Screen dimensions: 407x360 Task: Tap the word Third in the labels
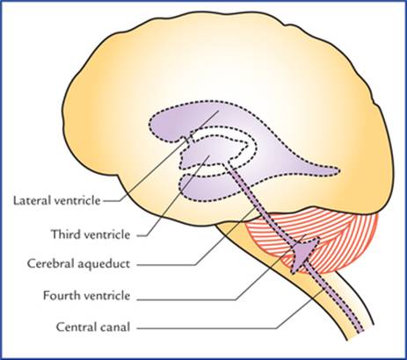(63, 234)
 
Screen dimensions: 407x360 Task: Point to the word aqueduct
(104, 264)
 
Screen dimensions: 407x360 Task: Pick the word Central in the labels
(74, 327)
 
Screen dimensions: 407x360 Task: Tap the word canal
(113, 327)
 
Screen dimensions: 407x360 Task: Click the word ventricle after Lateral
(76, 200)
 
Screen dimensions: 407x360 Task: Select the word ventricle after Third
(105, 234)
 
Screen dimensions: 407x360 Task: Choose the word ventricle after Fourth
(105, 295)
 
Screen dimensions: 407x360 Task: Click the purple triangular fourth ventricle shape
(303, 254)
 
